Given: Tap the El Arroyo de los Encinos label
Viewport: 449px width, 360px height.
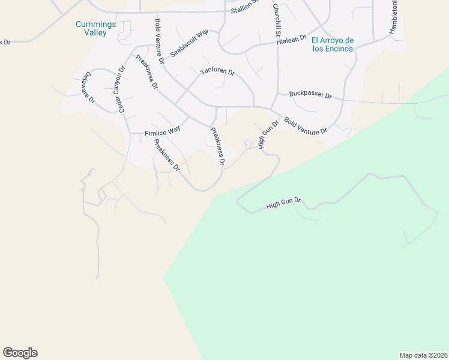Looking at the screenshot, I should (x=332, y=44).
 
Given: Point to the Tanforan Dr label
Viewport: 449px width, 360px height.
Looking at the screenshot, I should (x=217, y=71).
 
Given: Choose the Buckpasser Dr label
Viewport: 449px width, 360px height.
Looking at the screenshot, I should (x=310, y=94).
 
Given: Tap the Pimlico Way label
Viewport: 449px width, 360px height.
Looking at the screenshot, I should (x=163, y=131).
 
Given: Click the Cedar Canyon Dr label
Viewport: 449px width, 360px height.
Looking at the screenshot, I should (x=118, y=88).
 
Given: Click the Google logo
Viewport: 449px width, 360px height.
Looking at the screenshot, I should (x=20, y=353).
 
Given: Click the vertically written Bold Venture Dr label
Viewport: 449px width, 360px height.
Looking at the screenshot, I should (x=159, y=41).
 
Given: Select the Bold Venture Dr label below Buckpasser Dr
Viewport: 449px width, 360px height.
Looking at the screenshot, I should (x=306, y=126).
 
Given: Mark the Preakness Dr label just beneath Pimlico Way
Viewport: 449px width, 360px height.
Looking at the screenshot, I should (x=167, y=155).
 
